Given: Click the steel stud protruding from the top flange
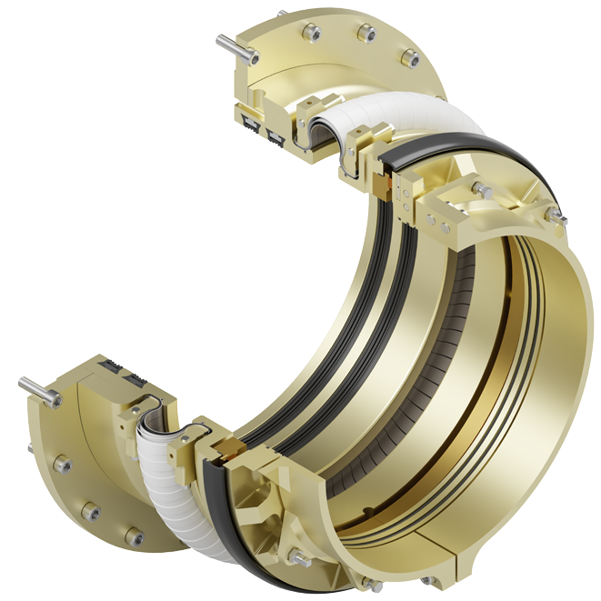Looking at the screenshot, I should click(229, 42).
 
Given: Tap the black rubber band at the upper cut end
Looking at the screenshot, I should click(427, 155).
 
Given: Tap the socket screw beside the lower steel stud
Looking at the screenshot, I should click(57, 397).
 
